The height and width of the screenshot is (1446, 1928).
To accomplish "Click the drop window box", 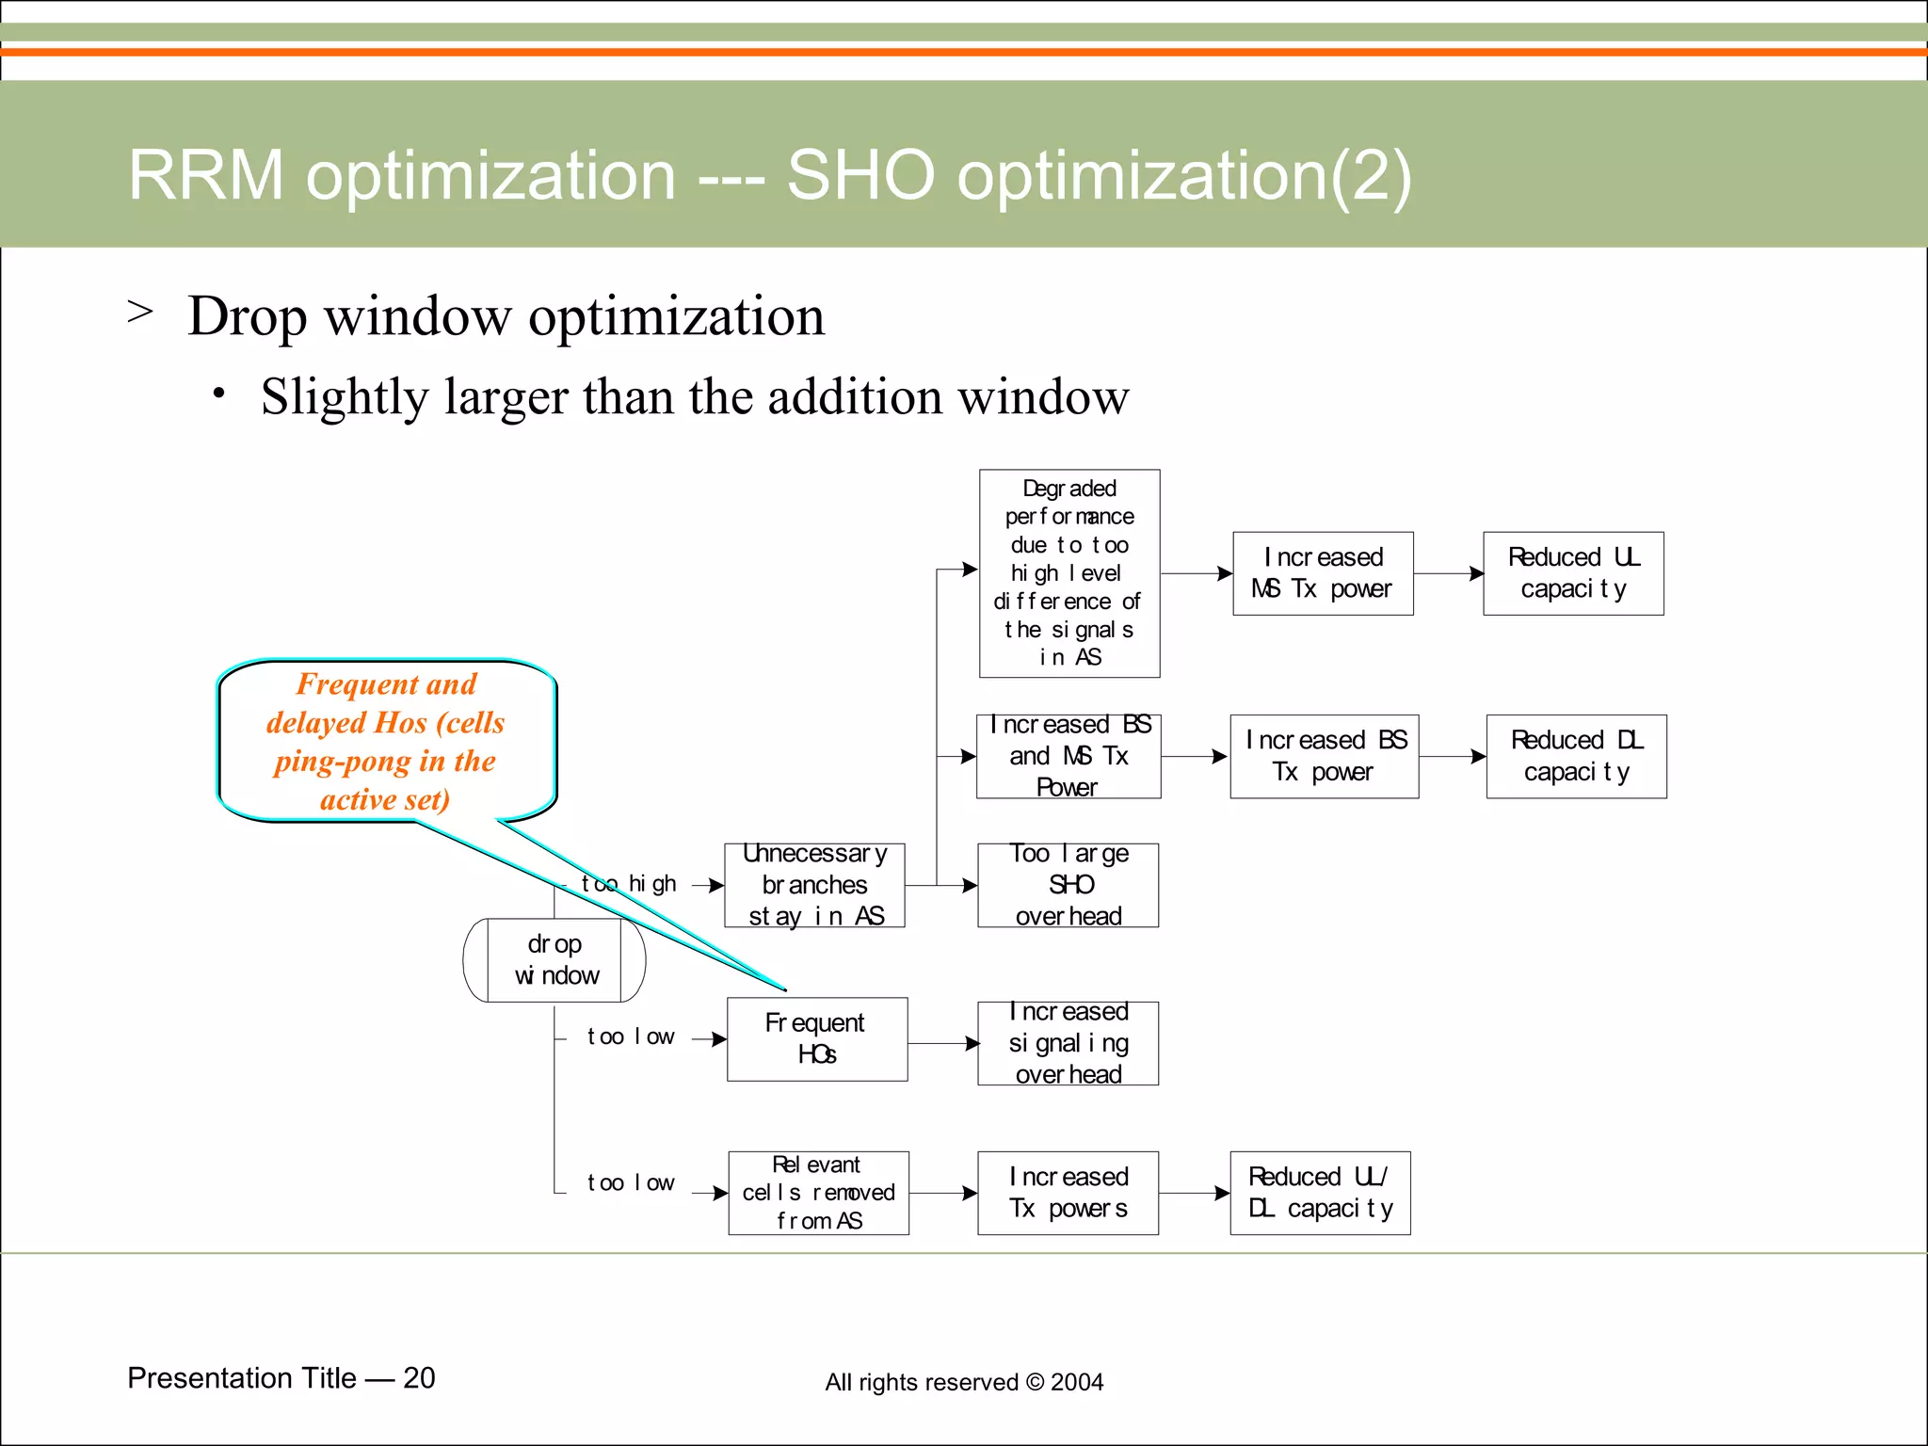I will tap(554, 959).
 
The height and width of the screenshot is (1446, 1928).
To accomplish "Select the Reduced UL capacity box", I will tap(1573, 573).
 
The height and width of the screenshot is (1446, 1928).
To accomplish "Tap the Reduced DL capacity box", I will tap(1576, 756).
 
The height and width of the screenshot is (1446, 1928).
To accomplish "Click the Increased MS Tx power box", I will tap(1323, 573).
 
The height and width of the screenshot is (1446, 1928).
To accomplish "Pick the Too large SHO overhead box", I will tap(1068, 885).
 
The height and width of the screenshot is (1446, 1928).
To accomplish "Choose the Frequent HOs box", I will tap(816, 1038).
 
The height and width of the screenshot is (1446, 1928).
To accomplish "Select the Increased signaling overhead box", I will tap(1068, 1043).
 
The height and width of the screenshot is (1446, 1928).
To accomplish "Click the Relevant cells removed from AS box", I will tap(818, 1193).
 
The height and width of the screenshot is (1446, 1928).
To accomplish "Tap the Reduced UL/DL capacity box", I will tap(1320, 1193).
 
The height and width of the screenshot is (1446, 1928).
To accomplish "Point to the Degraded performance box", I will tap(1069, 573).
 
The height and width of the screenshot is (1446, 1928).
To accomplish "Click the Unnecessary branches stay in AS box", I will tap(814, 885).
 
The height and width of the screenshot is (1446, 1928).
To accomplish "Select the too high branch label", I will tap(629, 884).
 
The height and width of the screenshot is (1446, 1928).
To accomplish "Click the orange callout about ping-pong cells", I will tap(386, 741).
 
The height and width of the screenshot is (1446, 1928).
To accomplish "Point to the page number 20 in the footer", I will tap(419, 1377).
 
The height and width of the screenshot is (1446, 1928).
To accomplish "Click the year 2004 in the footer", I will tap(1077, 1382).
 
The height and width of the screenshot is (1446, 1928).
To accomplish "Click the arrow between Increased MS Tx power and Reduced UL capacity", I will tap(1448, 573).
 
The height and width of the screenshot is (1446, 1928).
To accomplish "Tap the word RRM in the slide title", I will tap(205, 175).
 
